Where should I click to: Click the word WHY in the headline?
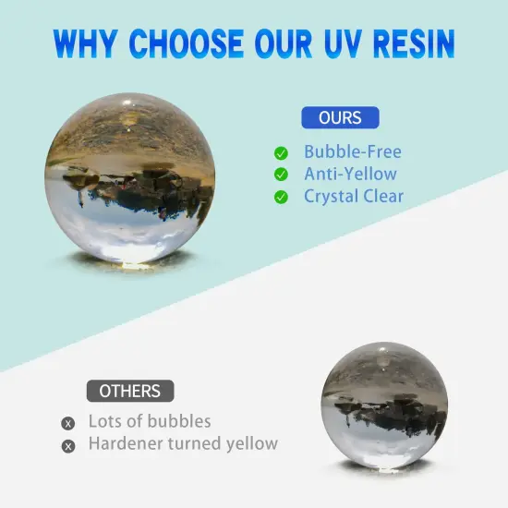point(88,42)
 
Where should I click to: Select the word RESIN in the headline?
point(413,42)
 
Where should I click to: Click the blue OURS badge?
point(340,118)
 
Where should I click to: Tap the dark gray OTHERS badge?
point(129,391)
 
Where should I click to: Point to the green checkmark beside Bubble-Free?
point(281,152)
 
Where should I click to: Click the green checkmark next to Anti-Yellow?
point(281,175)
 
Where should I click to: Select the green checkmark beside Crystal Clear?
point(281,197)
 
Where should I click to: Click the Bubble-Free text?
point(353,152)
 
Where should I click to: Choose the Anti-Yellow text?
point(350,175)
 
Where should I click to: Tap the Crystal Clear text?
point(354,197)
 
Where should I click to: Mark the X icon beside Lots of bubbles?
point(67,424)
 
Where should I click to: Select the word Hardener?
point(125,443)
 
